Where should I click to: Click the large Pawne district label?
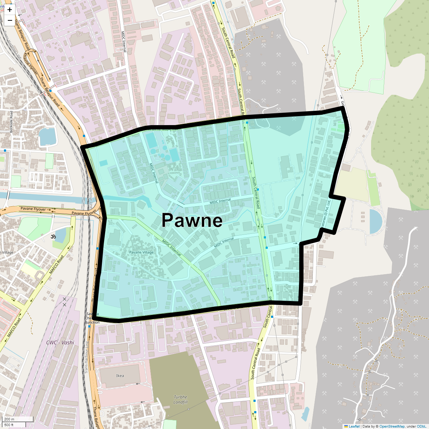(192, 220)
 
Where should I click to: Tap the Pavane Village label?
(141, 252)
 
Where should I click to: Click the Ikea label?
(120, 376)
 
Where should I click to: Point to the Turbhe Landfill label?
(181, 400)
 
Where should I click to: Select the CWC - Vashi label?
(60, 342)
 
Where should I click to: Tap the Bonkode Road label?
(11, 122)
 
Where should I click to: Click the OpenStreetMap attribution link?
(392, 426)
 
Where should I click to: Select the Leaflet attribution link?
(354, 426)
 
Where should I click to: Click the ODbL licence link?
(421, 426)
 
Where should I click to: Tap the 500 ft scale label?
(9, 425)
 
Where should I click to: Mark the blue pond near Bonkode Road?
(48, 137)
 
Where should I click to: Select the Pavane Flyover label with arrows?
(33, 209)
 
